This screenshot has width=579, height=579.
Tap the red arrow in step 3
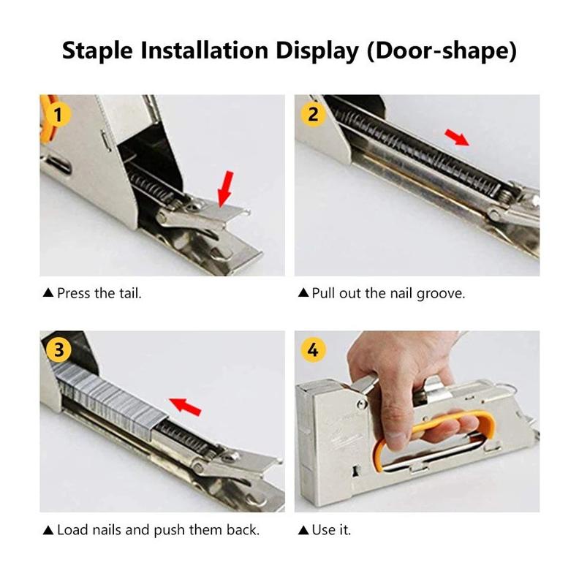click(x=184, y=404)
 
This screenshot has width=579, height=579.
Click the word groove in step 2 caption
click(x=441, y=293)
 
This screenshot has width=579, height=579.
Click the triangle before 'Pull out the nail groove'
click(x=303, y=293)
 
